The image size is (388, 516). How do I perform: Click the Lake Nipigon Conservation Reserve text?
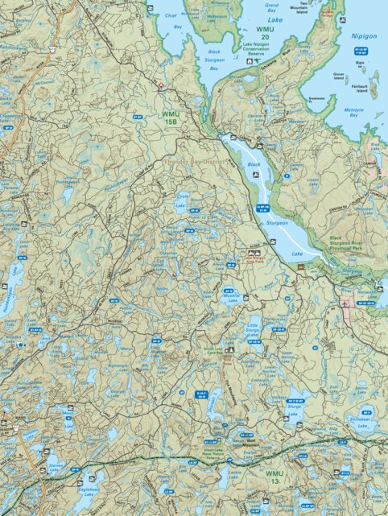[256, 49]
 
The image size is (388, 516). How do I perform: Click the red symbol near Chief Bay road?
[161, 85]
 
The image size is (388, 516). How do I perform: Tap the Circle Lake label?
[183, 201]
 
